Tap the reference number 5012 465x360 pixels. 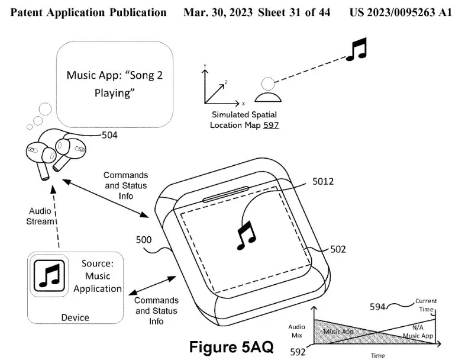[323, 182]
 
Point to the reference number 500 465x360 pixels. [143, 241]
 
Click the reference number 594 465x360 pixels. [377, 306]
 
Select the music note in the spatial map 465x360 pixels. [356, 49]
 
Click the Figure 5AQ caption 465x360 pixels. [232, 347]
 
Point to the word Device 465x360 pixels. [75, 317]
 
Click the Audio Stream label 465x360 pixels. [41, 216]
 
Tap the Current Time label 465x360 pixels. [426, 305]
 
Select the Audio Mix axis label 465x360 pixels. [296, 331]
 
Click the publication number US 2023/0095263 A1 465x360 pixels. [400, 12]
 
